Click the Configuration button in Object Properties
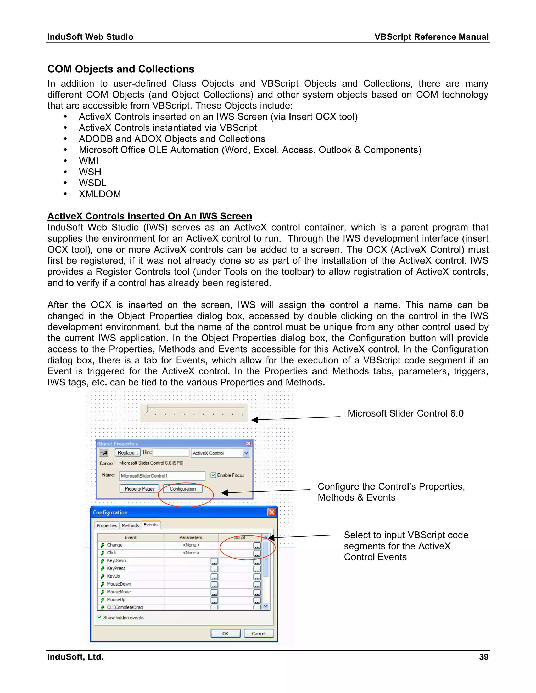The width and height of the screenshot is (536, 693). [x=183, y=489]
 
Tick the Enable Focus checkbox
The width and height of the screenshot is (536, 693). [x=213, y=475]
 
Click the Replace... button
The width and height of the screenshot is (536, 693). [x=127, y=452]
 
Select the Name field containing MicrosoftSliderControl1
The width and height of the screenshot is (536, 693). [x=162, y=476]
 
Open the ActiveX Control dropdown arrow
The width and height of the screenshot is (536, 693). [x=246, y=453]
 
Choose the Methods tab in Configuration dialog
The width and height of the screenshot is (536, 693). [x=130, y=525]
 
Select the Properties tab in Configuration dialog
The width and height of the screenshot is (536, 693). [x=107, y=525]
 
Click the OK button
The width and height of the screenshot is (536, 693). [x=225, y=633]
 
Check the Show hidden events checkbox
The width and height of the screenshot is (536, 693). [x=100, y=617]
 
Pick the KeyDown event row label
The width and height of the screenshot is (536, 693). [x=116, y=560]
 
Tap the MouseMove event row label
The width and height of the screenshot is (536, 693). [x=119, y=592]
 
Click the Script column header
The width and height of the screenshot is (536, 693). [x=240, y=537]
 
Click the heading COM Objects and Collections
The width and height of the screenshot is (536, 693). [x=121, y=69]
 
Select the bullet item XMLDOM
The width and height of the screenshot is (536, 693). [x=100, y=194]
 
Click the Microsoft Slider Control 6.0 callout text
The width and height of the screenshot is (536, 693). [x=405, y=413]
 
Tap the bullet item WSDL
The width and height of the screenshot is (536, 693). [x=92, y=183]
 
